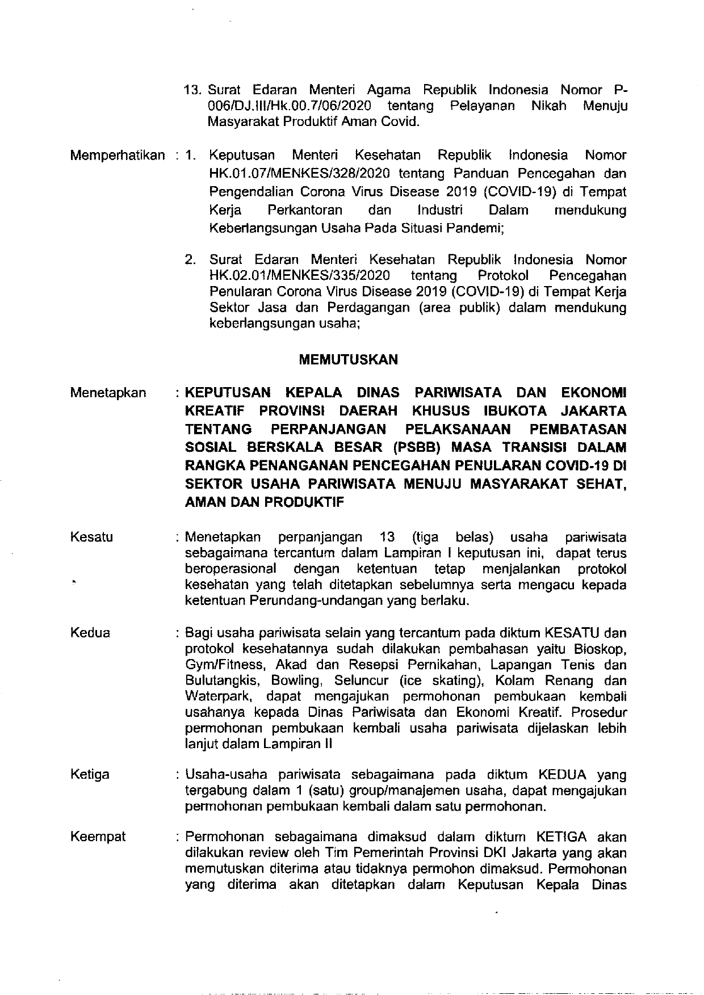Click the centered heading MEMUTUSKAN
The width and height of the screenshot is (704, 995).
(348, 359)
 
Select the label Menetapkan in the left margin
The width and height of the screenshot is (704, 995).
(108, 393)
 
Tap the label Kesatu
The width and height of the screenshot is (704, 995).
(91, 537)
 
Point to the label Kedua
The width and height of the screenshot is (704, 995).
(90, 632)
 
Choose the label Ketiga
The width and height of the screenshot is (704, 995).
(90, 774)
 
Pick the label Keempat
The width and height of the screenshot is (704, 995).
(98, 837)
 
